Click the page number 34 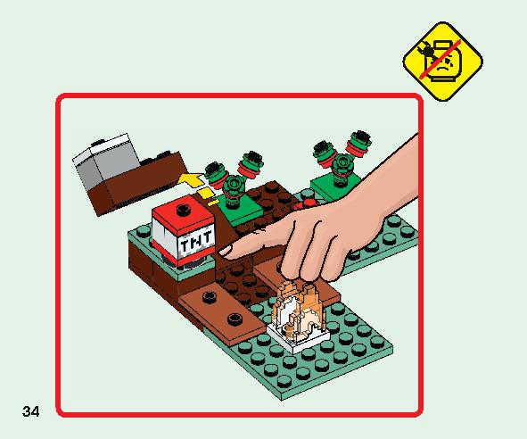[31, 411]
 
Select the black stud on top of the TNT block [183, 210]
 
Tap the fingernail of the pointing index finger [226, 251]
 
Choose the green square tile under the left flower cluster [240, 209]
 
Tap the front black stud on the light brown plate [235, 319]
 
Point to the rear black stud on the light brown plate [210, 297]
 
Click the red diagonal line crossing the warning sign [441, 60]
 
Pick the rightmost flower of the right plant [360, 142]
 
